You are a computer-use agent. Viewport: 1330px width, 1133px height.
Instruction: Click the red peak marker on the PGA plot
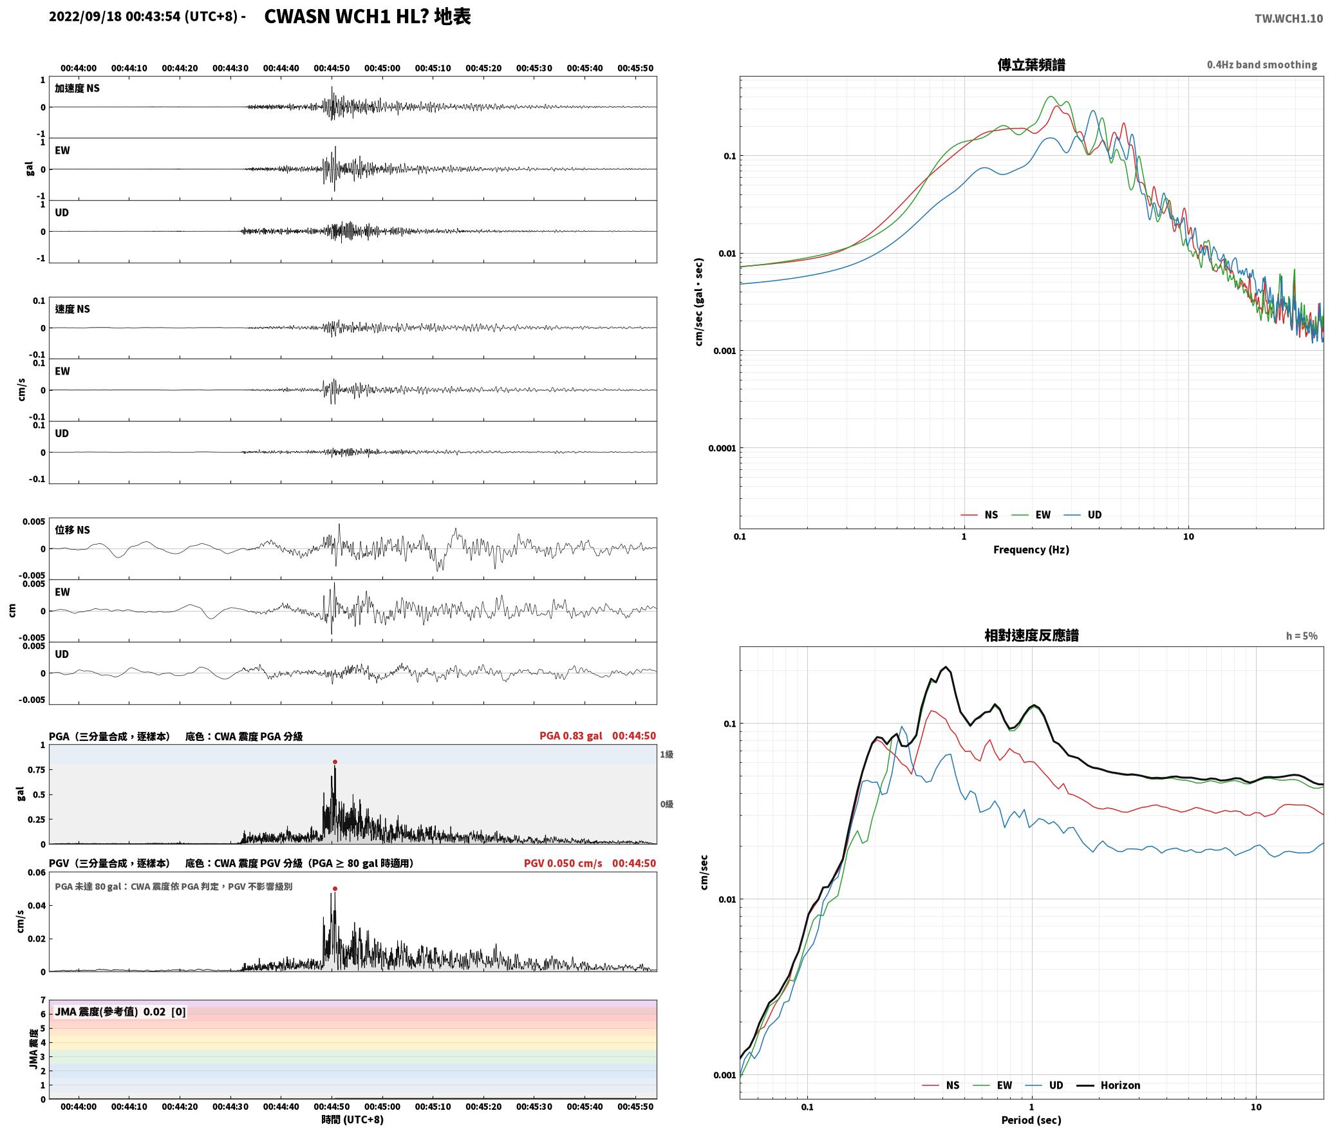point(335,762)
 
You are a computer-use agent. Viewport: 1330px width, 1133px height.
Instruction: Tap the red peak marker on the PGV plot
point(335,888)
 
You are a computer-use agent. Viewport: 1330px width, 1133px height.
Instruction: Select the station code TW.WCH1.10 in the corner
point(1288,19)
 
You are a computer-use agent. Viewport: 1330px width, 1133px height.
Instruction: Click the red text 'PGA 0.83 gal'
point(570,736)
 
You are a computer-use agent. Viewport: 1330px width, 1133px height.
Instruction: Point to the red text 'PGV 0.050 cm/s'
point(563,863)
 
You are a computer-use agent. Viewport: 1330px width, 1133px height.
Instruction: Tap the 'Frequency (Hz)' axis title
point(1031,550)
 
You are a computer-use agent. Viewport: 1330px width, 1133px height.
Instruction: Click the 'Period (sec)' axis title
point(1031,1121)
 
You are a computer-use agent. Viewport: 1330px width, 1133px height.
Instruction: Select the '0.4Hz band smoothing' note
point(1262,65)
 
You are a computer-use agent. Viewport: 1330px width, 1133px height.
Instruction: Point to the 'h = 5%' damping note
point(1302,636)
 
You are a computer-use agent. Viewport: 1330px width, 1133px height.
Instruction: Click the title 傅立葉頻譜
point(1031,64)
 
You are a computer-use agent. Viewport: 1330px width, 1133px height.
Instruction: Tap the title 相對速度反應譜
point(1031,635)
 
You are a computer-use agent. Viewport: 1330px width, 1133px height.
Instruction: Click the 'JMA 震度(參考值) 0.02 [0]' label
point(120,1012)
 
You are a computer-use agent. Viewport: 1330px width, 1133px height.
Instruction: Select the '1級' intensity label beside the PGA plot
point(666,754)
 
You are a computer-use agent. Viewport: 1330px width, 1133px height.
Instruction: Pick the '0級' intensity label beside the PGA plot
point(666,804)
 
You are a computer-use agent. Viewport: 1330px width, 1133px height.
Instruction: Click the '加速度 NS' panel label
point(77,88)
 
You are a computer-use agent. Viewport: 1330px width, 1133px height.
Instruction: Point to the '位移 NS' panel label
point(72,530)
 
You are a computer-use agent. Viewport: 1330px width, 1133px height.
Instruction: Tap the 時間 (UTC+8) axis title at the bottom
point(353,1119)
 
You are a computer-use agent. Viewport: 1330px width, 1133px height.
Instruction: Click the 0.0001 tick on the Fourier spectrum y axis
point(722,448)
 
